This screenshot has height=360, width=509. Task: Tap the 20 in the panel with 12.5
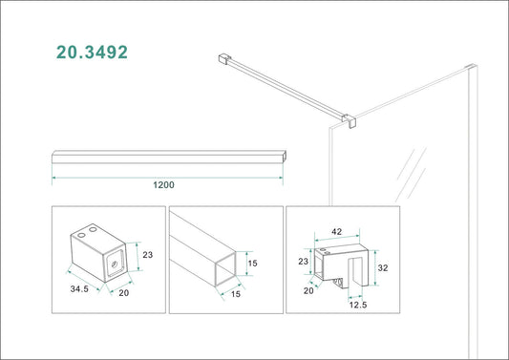(308, 290)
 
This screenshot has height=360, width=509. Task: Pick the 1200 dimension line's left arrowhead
(53, 178)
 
